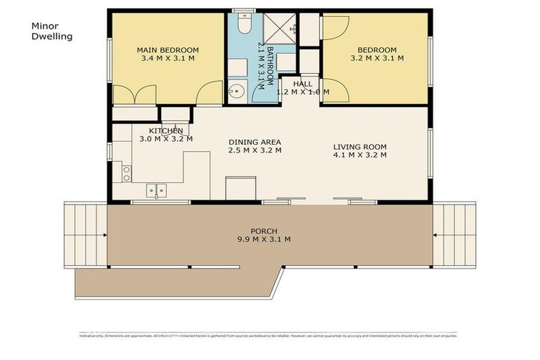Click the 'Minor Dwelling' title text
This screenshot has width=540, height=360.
pos(52,30)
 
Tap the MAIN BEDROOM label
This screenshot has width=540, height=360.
pos(167,50)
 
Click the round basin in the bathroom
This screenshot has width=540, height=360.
pos(237,90)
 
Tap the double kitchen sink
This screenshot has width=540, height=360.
pos(157,190)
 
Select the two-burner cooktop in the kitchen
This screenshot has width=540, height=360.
pos(127,170)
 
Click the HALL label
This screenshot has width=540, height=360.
pos(303,84)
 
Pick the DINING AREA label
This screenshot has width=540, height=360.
pos(255,141)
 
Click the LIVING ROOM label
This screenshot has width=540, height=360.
pos(359,147)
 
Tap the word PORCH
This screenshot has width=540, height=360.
pos(264,231)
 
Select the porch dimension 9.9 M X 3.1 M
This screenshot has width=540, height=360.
pos(264,239)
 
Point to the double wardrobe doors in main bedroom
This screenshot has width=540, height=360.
pos(134,95)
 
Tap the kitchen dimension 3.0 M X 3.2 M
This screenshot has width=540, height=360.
pos(166,139)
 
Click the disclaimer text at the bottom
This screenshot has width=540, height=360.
pos(267,335)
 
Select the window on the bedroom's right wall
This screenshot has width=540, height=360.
pos(430,51)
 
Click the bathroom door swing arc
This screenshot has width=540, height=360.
pos(208,93)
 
